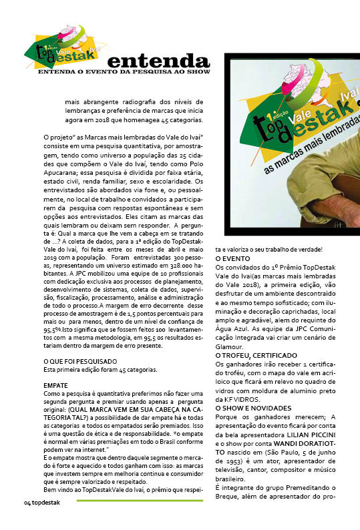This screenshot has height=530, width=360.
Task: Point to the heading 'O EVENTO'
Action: (232, 258)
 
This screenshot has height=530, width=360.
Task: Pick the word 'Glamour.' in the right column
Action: (231, 346)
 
